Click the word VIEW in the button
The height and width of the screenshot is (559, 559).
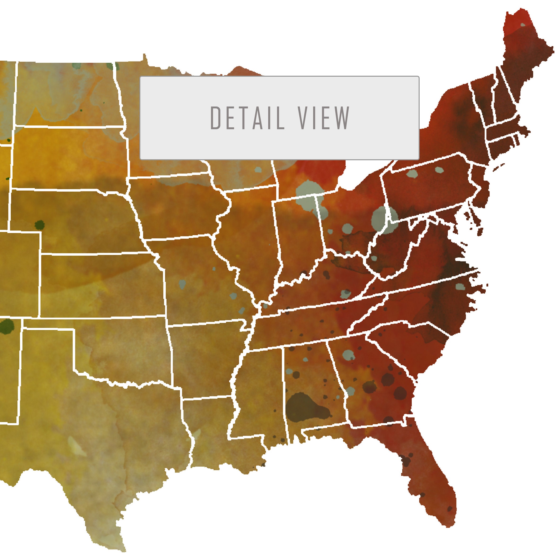click(324, 118)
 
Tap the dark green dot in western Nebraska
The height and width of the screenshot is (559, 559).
click(40, 225)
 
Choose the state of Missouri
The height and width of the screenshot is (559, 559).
click(197, 278)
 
